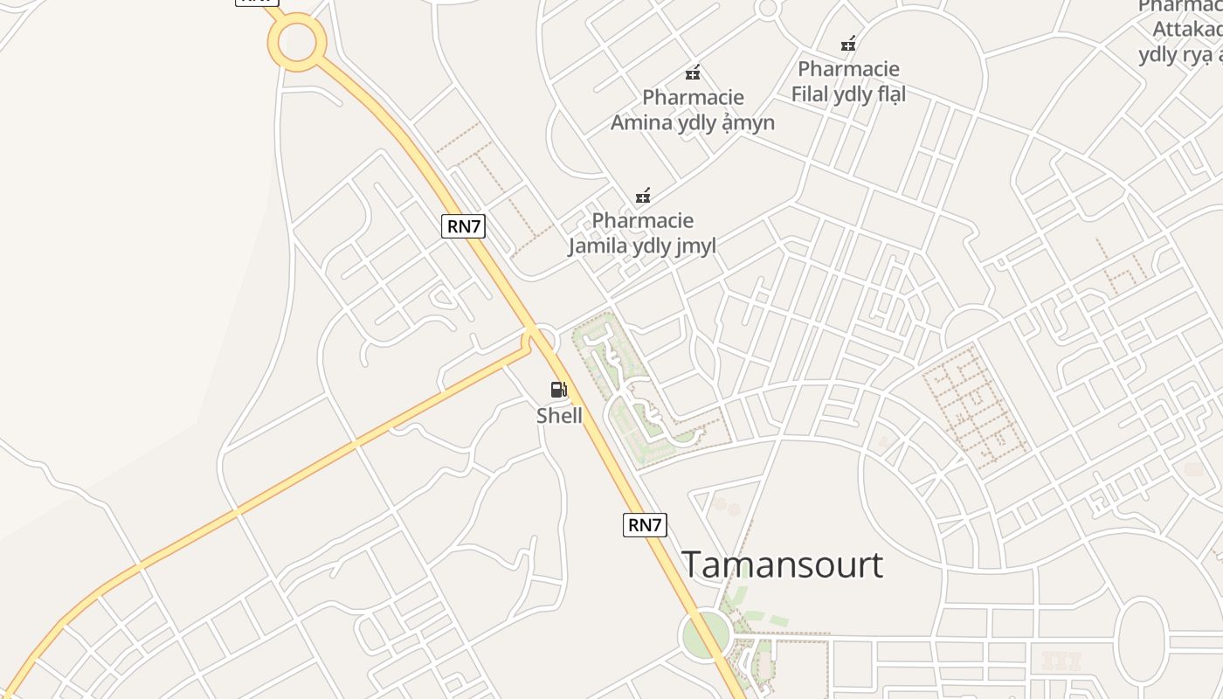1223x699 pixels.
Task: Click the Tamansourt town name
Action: [x=782, y=564]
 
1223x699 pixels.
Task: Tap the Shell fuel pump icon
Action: [x=559, y=390]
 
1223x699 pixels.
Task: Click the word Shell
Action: [x=559, y=415]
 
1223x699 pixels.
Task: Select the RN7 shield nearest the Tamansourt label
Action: [x=645, y=524]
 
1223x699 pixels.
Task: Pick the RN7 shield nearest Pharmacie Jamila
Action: [x=463, y=226]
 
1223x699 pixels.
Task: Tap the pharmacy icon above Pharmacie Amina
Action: [x=693, y=73]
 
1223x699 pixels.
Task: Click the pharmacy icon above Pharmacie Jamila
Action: [x=643, y=196]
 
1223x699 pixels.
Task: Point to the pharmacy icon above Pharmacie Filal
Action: [x=847, y=44]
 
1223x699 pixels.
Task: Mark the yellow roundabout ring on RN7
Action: [x=297, y=41]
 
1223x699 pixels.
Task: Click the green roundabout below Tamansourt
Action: [x=705, y=635]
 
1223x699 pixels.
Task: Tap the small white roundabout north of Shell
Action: [x=543, y=337]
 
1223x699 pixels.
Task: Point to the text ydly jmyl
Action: [x=674, y=246]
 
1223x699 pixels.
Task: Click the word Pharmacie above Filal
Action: [x=848, y=68]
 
